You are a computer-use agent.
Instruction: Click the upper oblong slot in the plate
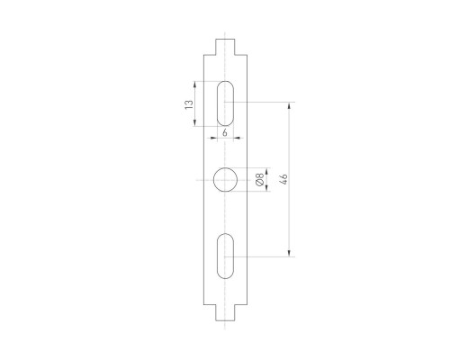(225, 103)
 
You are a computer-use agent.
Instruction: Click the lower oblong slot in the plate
(225, 256)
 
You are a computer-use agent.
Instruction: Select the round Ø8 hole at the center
(225, 180)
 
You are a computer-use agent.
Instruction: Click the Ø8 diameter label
(259, 180)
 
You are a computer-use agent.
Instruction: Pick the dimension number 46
(283, 180)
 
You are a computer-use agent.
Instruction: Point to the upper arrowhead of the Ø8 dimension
(251, 168)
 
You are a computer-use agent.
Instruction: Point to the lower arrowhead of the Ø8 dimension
(251, 192)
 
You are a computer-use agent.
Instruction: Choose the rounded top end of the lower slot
(225, 236)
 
